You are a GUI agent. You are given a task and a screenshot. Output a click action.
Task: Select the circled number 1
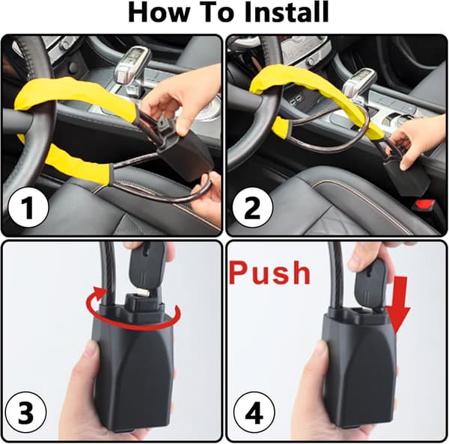(28, 207)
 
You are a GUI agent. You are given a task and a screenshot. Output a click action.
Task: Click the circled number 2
(252, 207)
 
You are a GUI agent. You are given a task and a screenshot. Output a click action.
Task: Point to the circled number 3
(25, 413)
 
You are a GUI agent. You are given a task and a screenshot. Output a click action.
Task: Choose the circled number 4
(254, 413)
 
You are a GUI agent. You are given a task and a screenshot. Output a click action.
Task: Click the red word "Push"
(269, 272)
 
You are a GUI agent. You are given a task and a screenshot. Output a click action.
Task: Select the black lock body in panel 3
(135, 369)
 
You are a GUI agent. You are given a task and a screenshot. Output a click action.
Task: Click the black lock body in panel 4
(360, 369)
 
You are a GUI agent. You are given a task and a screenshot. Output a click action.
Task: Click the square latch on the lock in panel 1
(165, 126)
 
